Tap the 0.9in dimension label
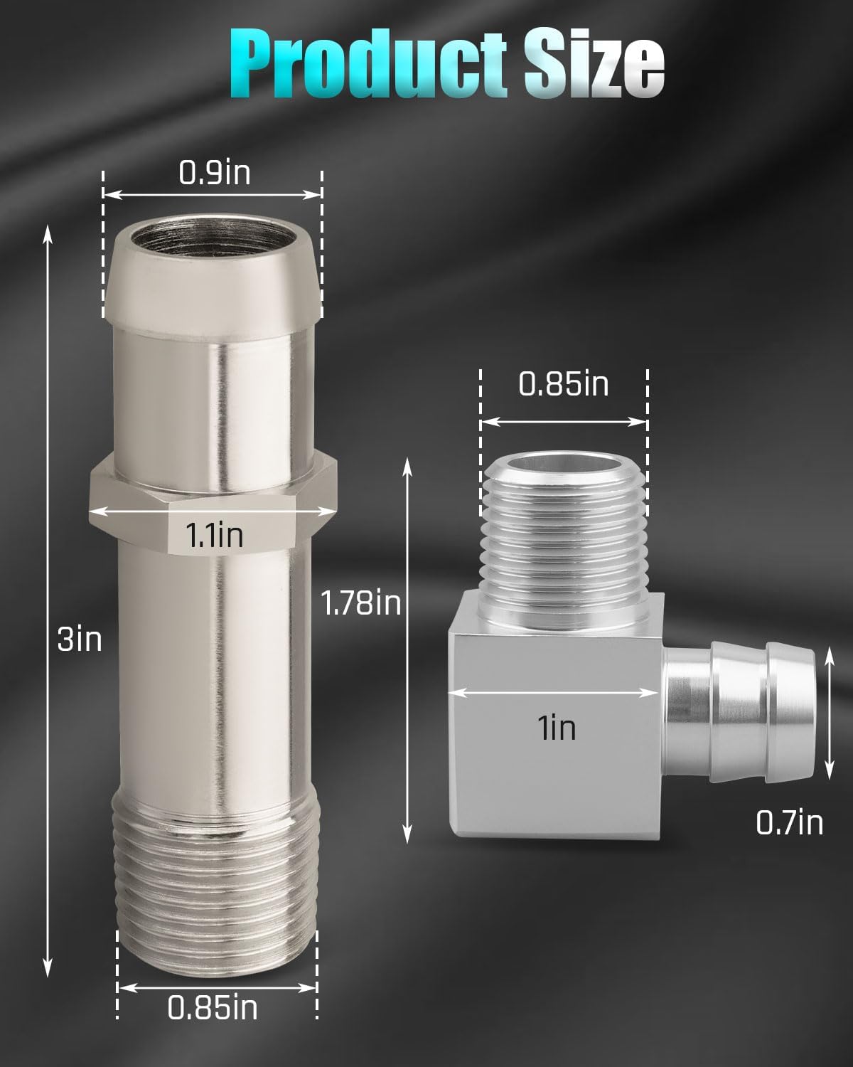(x=215, y=173)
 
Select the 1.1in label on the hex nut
(x=215, y=536)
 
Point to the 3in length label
(x=80, y=639)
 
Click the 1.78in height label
(x=361, y=603)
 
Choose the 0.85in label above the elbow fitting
(x=564, y=384)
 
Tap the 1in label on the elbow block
(x=557, y=728)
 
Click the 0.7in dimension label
(x=789, y=822)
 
